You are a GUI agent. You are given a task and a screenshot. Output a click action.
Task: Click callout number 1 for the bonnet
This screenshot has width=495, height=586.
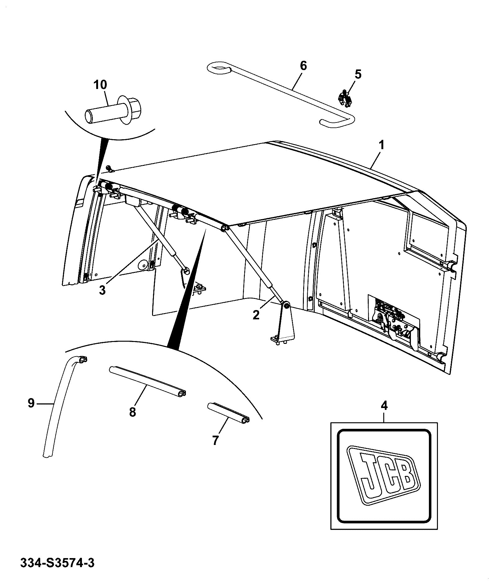[381, 145]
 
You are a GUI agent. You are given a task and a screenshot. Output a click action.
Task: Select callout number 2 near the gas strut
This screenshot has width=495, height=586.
[256, 315]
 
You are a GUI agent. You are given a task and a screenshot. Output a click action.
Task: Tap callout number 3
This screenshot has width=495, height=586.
[102, 291]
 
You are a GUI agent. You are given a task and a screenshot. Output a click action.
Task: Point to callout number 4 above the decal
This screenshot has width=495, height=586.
[384, 406]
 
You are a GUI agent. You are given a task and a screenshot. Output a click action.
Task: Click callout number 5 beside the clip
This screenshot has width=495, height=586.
[358, 75]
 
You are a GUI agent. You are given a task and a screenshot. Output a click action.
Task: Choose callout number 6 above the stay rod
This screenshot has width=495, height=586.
[303, 66]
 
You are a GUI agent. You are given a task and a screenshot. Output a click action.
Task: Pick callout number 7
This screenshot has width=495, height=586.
[215, 440]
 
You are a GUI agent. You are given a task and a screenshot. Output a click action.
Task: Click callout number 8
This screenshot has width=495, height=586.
[133, 412]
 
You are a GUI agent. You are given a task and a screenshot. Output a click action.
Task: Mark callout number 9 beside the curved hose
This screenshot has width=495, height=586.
[31, 403]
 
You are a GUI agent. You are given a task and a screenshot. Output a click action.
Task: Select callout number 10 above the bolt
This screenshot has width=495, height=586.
[100, 85]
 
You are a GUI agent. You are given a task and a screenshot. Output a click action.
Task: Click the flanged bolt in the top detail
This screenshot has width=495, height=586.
[113, 111]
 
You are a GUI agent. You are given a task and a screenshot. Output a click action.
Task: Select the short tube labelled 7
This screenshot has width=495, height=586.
[228, 412]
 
